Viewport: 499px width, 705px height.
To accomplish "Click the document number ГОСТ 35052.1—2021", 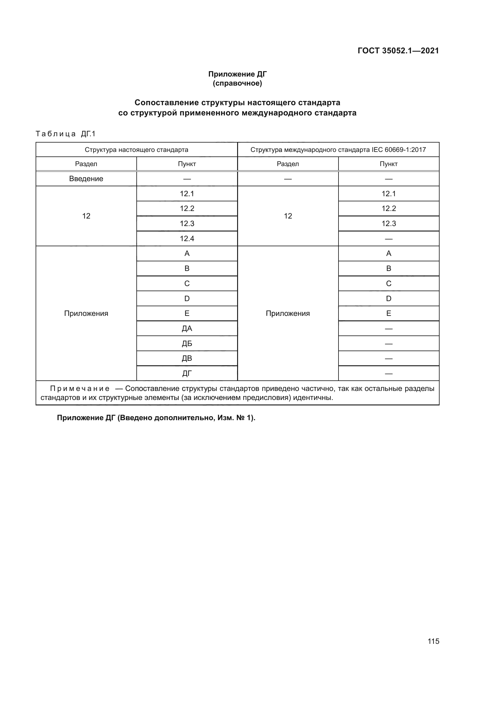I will point(398,51).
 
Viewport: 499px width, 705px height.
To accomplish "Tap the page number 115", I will point(433,641).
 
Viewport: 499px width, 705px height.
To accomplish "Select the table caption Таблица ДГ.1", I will point(66,134).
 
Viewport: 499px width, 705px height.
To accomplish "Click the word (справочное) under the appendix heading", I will point(237,83).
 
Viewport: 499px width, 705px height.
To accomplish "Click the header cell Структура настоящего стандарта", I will point(136,150).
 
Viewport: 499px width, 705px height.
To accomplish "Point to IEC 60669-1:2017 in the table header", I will point(399,150).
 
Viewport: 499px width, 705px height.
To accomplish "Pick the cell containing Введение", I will point(86,179).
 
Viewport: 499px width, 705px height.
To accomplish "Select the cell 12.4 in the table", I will point(187,239).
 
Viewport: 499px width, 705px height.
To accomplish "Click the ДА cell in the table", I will point(187,329).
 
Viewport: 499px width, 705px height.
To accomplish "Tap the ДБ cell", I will point(187,344).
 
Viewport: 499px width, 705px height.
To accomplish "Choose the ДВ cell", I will point(187,358).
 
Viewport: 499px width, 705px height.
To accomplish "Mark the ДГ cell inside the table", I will point(187,373).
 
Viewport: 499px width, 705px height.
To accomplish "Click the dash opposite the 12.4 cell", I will point(388,239).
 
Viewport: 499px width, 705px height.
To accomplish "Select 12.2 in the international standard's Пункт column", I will point(388,209).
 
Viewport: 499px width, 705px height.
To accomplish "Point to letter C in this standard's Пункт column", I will point(187,283).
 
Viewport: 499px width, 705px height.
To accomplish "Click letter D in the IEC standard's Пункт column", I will point(388,298).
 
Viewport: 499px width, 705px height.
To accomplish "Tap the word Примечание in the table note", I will point(80,389).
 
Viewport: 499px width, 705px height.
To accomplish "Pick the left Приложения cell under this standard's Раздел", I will point(86,313).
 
